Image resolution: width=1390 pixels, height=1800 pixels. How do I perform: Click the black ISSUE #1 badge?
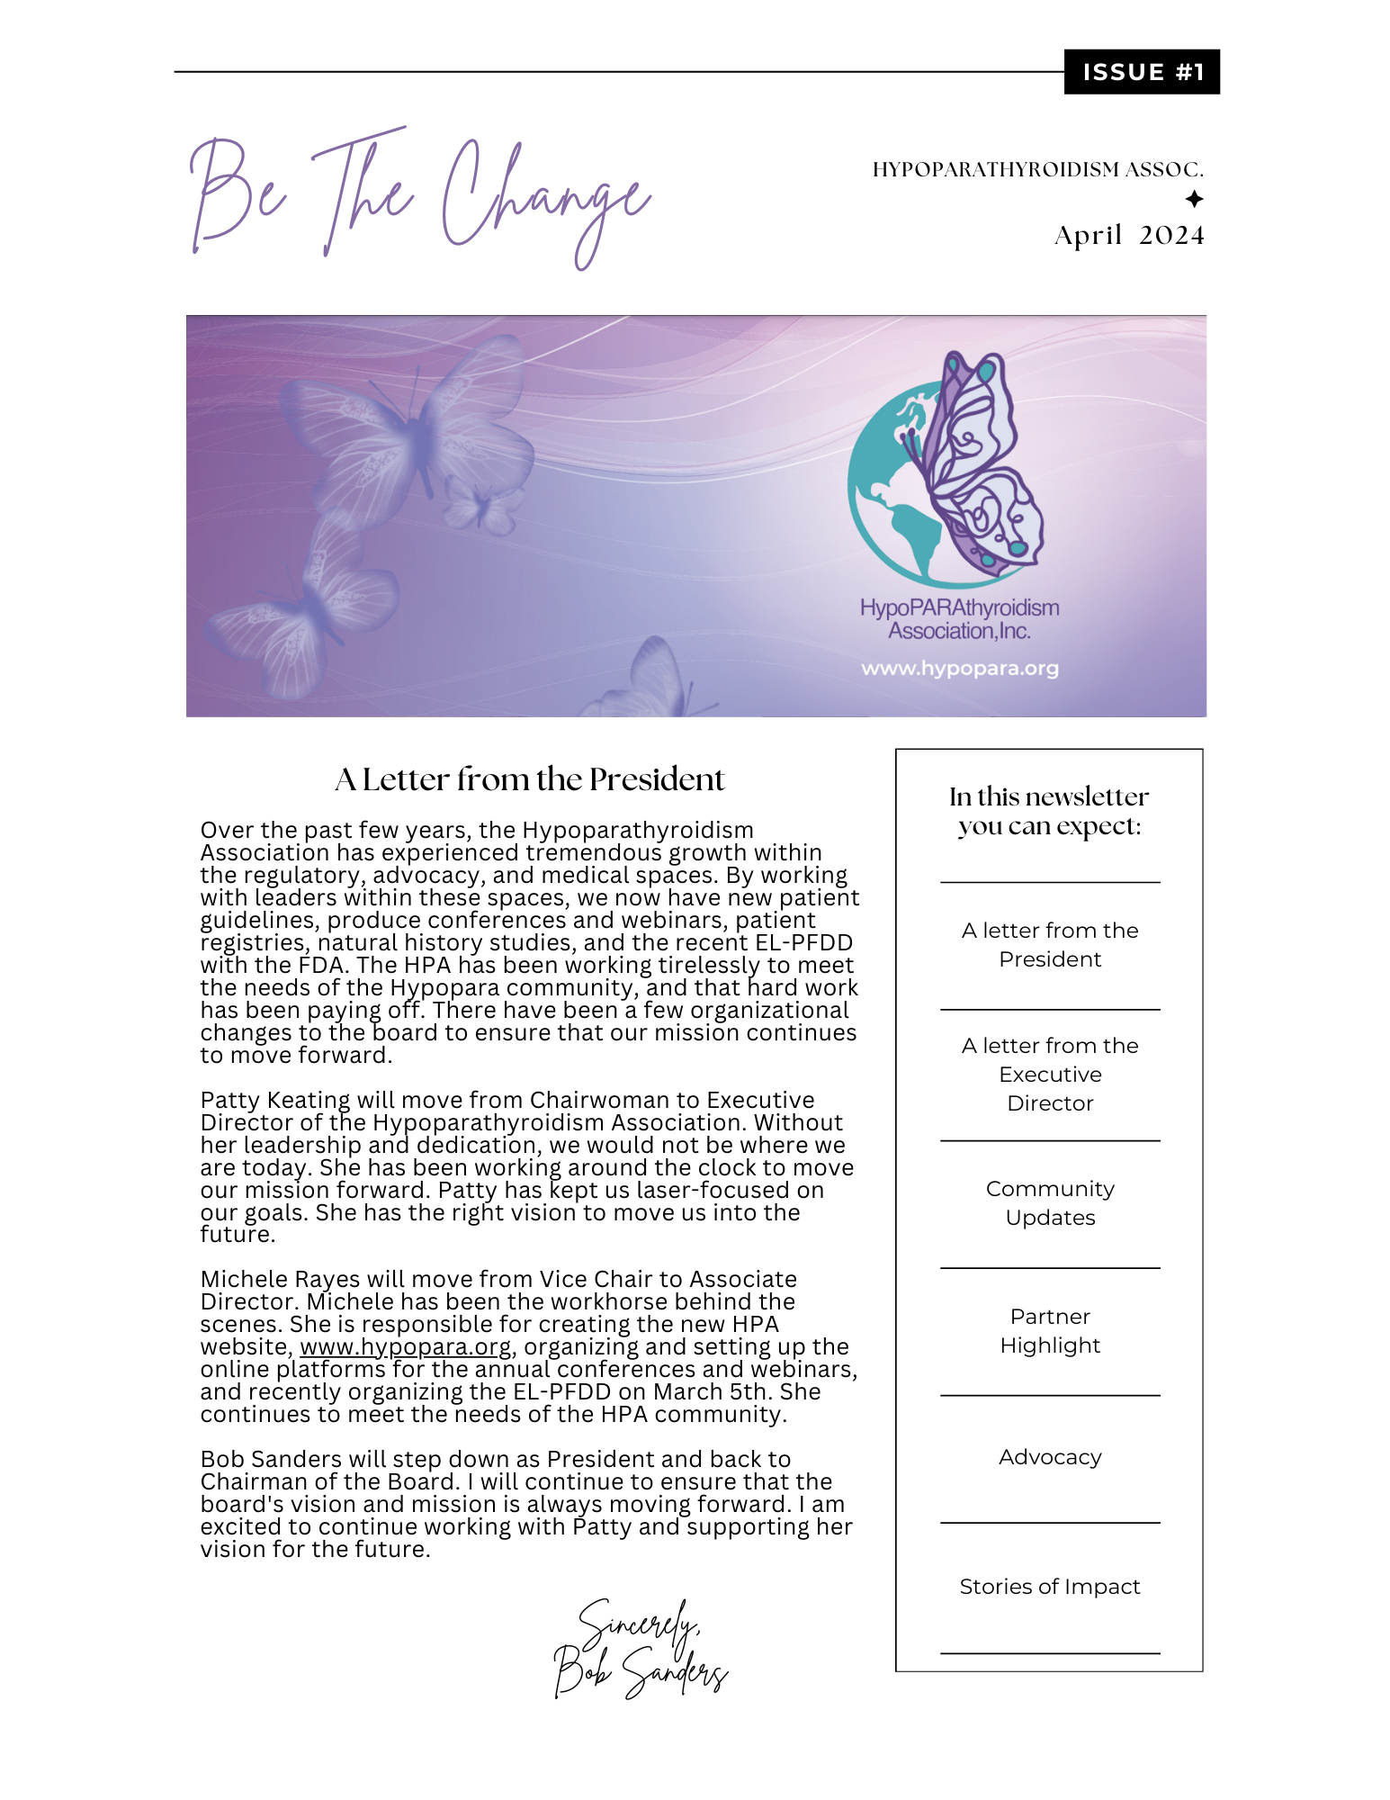(x=1141, y=72)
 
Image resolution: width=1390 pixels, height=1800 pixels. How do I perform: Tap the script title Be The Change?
(x=419, y=198)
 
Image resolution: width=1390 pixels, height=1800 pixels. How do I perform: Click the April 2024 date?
(x=1128, y=235)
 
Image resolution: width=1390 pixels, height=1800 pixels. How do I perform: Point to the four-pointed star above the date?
(x=1193, y=199)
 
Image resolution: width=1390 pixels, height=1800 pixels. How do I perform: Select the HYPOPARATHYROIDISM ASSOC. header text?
(x=1037, y=169)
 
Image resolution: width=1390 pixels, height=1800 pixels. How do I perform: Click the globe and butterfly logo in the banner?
(x=945, y=468)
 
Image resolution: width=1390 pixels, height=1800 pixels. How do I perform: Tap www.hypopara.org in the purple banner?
(x=959, y=669)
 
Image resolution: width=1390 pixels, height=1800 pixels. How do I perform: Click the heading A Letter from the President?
(x=529, y=779)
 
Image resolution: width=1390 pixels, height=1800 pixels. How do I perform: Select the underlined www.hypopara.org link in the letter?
(x=406, y=1347)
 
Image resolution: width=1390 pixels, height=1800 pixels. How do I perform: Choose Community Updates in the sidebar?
(x=1050, y=1203)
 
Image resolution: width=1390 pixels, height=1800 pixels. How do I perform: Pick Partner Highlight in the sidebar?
(x=1050, y=1331)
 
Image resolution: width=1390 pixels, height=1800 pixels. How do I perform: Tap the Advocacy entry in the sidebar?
(x=1050, y=1457)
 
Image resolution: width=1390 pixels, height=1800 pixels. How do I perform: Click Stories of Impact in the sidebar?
(x=1050, y=1587)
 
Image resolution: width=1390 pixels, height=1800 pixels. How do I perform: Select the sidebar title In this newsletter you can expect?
(x=1049, y=811)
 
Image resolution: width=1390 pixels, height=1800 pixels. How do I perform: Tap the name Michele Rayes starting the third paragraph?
(x=274, y=1280)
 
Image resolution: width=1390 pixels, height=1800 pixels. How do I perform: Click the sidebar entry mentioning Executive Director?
(x=1050, y=1075)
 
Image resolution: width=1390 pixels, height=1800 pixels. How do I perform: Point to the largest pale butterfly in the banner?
(x=409, y=427)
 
